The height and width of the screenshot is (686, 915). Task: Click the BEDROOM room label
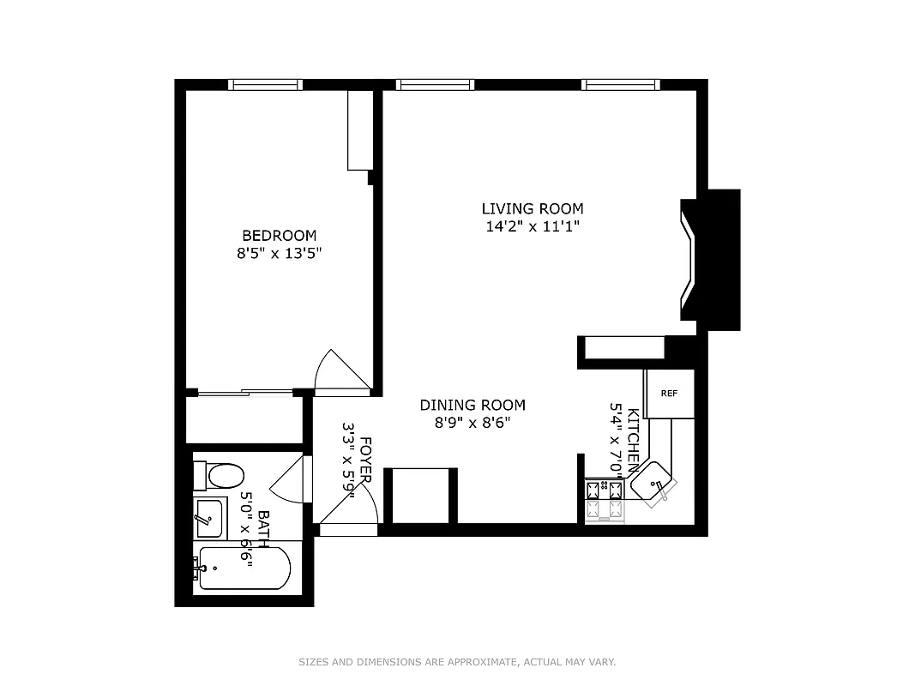[x=279, y=235]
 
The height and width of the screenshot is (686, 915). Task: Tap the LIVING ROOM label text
[x=532, y=208]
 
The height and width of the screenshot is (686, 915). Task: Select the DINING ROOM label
[x=472, y=405]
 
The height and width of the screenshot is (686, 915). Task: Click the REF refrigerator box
[x=669, y=394]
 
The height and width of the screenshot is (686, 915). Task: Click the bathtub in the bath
[x=243, y=568]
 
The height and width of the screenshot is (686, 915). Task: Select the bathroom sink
[x=208, y=518]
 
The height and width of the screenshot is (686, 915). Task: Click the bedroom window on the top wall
[x=265, y=84]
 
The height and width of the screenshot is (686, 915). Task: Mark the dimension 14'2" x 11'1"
[x=532, y=226]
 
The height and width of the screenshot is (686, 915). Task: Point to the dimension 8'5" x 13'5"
[x=279, y=253]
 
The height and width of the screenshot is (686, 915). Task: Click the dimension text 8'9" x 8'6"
[x=472, y=422]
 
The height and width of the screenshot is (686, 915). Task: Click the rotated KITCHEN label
[x=633, y=438]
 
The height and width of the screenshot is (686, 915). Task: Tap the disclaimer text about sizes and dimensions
[x=457, y=662]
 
